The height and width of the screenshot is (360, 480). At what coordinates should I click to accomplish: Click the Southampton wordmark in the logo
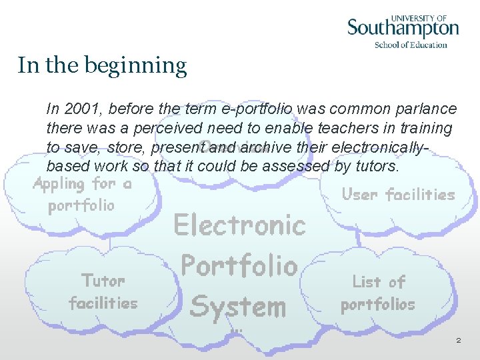pos(403,29)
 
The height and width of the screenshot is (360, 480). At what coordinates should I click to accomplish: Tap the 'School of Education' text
pos(411,45)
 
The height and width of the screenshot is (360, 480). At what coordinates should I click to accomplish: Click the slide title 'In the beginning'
pos(102,65)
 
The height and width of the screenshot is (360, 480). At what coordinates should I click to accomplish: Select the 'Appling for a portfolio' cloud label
pos(82,194)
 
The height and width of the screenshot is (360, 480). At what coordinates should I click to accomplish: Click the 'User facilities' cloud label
pos(398,195)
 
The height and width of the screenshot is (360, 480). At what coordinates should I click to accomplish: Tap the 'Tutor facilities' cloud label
pos(103,291)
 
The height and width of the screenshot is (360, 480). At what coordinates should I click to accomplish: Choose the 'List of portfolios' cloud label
pos(378,293)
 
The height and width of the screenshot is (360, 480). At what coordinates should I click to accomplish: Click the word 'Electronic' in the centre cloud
pos(239,225)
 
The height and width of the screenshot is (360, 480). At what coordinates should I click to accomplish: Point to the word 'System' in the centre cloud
pos(237,307)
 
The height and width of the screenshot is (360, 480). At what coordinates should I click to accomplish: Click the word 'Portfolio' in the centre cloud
pos(239,266)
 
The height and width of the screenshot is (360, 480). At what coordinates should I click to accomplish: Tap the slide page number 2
pos(458,340)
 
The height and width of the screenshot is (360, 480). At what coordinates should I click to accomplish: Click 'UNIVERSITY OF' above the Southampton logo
pos(419,18)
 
